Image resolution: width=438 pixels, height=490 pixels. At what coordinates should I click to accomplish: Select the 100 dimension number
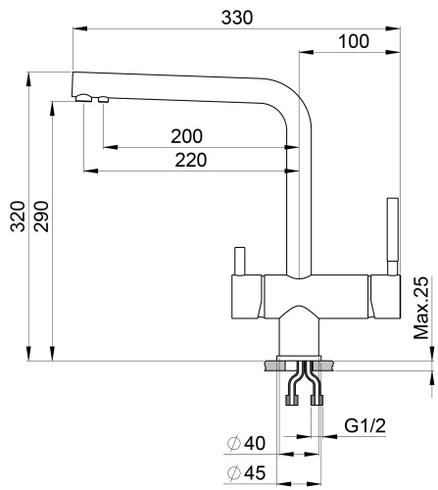coord(353,41)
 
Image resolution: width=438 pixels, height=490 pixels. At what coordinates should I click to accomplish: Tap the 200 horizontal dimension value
coord(187,136)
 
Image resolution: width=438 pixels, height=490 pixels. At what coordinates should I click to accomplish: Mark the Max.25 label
coord(422,308)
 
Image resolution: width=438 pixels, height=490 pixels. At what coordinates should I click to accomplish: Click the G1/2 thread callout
coord(366,427)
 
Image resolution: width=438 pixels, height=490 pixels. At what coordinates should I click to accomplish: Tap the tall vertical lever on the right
coord(393,235)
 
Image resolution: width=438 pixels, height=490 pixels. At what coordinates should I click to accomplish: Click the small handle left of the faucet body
coord(236,263)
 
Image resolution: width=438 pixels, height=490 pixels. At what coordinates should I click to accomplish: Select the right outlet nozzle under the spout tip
coord(101,99)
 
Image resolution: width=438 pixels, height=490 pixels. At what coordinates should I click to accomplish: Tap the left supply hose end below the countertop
coord(290,399)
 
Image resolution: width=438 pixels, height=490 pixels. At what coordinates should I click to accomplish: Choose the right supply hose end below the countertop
coord(316,399)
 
